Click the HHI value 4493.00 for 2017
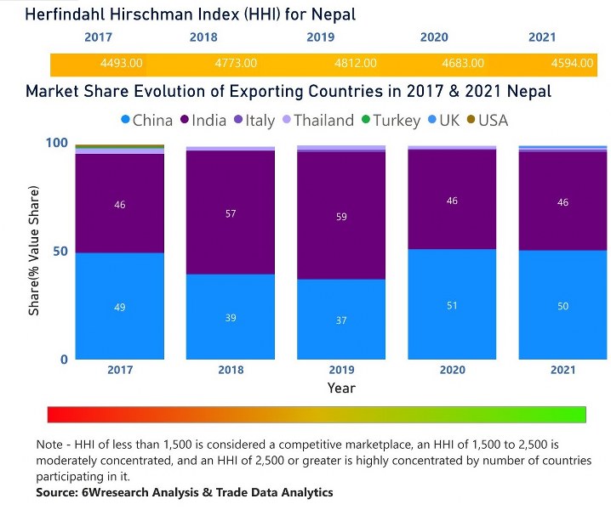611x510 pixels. pyautogui.click(x=122, y=64)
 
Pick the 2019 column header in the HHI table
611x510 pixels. pyautogui.click(x=321, y=37)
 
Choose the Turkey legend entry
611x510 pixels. pyautogui.click(x=389, y=121)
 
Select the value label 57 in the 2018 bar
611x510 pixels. pyautogui.click(x=231, y=213)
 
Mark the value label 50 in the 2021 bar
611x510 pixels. pyautogui.click(x=562, y=306)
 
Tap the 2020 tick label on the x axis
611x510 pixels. pyautogui.click(x=452, y=370)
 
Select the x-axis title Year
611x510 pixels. pyautogui.click(x=341, y=388)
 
